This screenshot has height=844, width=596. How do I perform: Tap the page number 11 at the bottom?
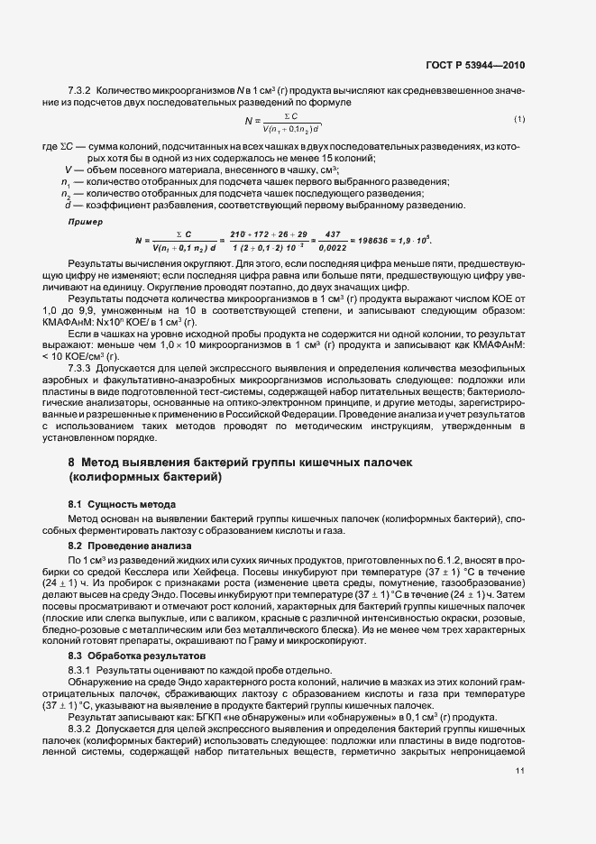click(x=520, y=771)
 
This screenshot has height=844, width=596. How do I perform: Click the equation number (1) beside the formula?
click(x=519, y=120)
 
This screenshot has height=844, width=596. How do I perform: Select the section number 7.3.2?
click(x=79, y=91)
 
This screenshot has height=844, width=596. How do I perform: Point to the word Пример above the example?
click(x=86, y=221)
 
